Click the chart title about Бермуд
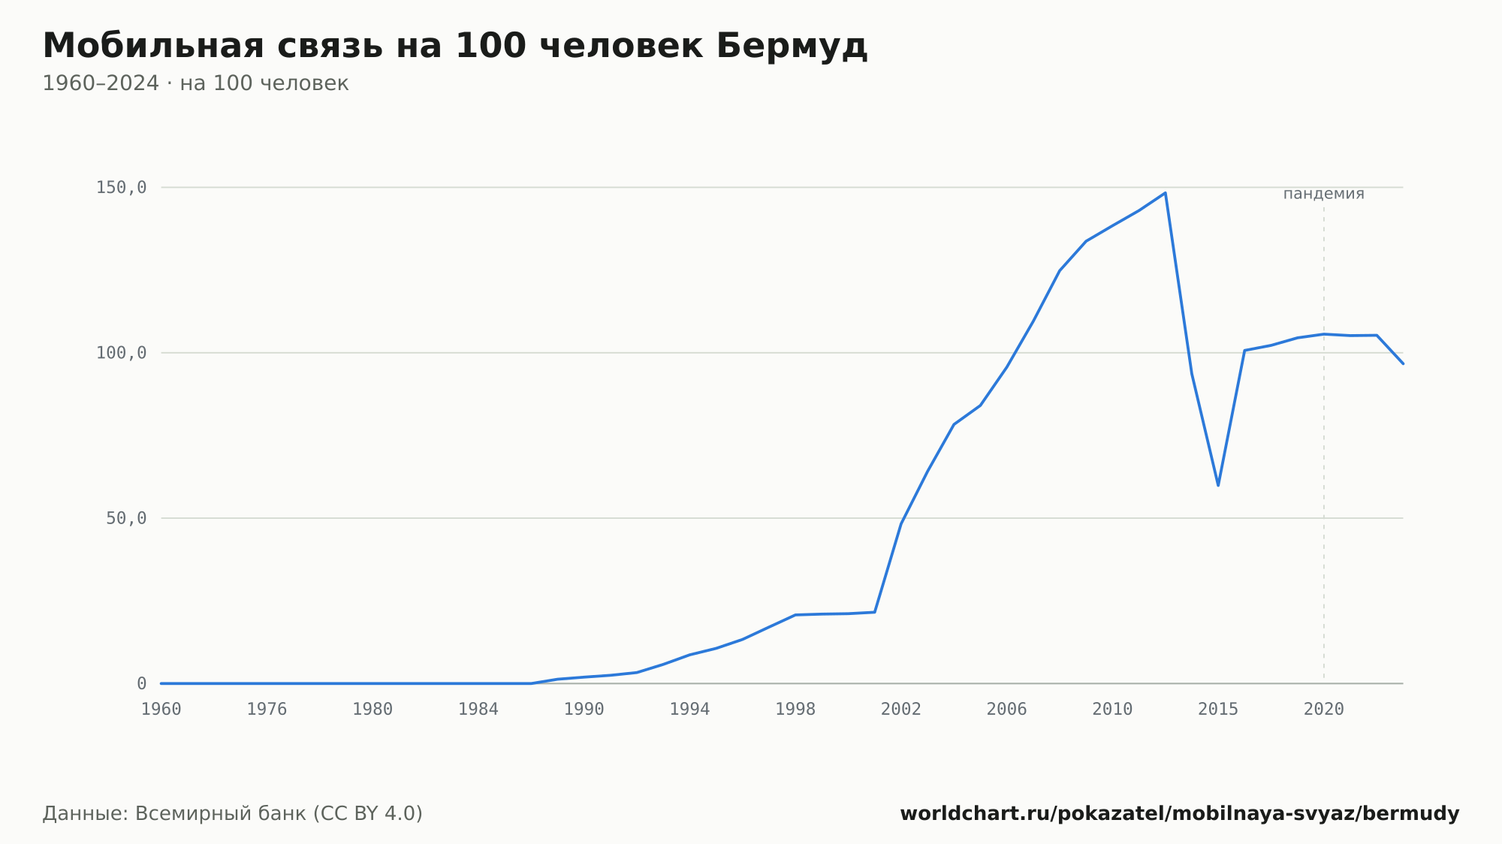click(455, 46)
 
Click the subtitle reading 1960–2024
click(195, 83)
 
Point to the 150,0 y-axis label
click(121, 188)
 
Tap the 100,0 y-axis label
click(121, 353)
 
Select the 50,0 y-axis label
click(126, 518)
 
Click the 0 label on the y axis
click(142, 683)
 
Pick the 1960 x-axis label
click(161, 710)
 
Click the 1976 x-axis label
click(267, 710)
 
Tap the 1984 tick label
click(478, 710)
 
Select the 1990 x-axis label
click(584, 710)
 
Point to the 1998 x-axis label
click(795, 710)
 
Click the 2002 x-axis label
click(901, 710)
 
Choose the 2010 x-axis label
click(1112, 710)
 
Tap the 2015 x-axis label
click(1218, 710)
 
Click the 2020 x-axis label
click(1324, 710)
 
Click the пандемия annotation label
click(1324, 194)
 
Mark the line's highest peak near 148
click(1165, 193)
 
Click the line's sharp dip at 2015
click(1218, 485)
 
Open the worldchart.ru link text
click(1180, 814)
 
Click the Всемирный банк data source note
click(233, 814)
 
